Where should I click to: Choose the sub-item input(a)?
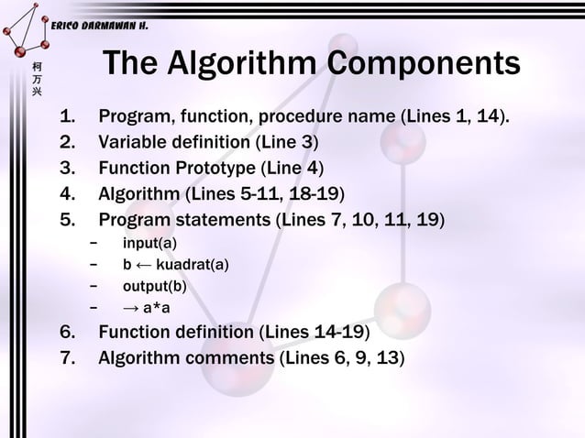(150, 243)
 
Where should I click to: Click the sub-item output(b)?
(154, 287)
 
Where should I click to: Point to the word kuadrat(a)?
(193, 265)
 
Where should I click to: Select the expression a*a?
(154, 308)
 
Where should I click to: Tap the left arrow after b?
(143, 265)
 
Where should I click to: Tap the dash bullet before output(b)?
(94, 287)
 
